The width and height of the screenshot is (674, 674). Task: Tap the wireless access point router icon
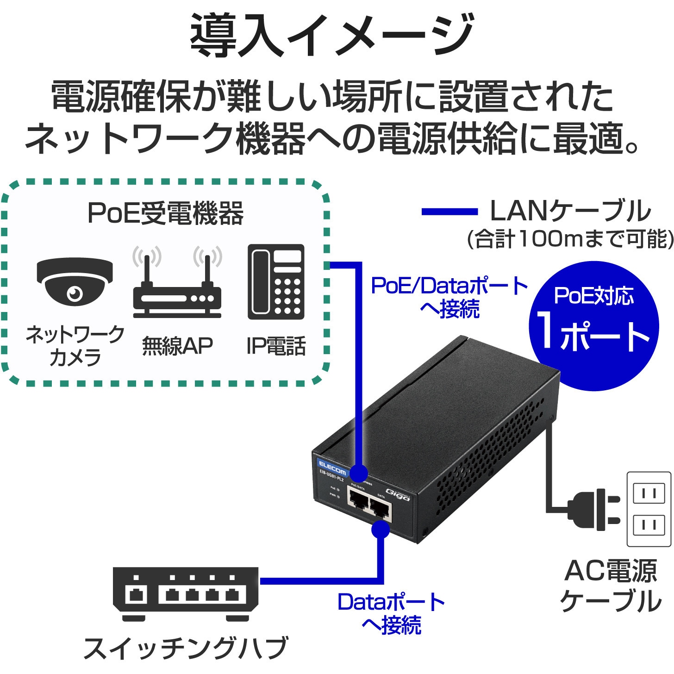coord(177,292)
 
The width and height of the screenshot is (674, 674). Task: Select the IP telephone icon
coord(276,282)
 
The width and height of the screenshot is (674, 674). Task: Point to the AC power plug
coord(595,509)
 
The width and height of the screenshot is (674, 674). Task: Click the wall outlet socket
coord(649,509)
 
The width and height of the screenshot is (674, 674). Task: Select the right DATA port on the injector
coord(380,508)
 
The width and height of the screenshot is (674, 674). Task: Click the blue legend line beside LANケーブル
coord(449,212)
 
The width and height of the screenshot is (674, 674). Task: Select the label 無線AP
coord(177,346)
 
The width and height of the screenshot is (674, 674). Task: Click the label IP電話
coord(276,346)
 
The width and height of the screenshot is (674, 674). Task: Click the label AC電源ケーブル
coord(611,586)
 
